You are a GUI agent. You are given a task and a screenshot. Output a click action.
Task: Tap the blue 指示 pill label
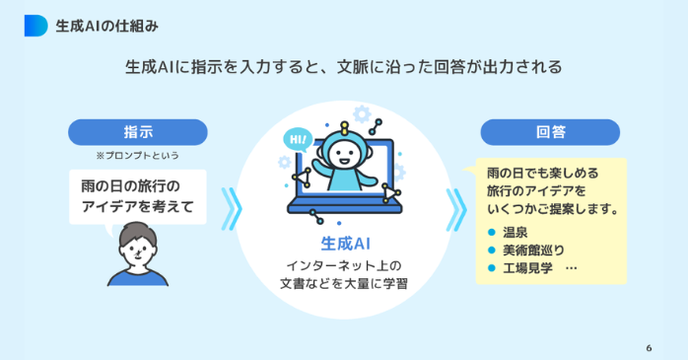click(137, 132)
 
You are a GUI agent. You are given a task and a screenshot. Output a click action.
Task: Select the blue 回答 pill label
click(550, 132)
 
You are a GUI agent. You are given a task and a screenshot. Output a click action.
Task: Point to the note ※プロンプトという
click(137, 156)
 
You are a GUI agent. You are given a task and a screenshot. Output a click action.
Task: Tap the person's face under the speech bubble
click(137, 251)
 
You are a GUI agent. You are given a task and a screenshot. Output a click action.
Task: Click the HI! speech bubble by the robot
click(297, 140)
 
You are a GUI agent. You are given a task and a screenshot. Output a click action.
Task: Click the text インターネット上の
click(344, 265)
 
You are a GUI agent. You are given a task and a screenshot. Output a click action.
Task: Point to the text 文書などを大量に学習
click(344, 284)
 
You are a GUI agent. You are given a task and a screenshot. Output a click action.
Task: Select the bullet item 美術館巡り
click(530, 250)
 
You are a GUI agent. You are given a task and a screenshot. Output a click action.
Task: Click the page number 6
click(649, 347)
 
